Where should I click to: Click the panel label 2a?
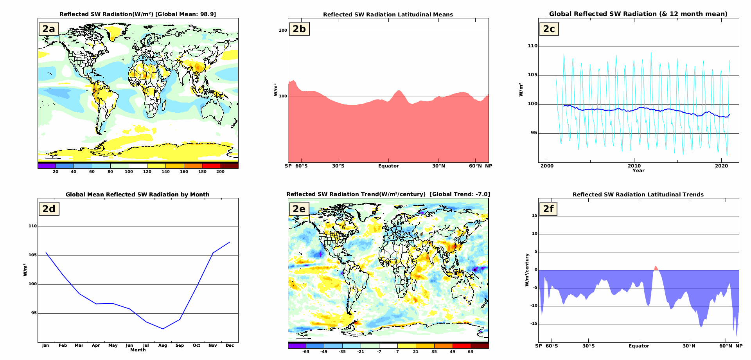(49, 29)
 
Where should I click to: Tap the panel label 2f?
(548, 209)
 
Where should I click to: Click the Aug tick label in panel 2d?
(163, 346)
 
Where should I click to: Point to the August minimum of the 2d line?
(163, 329)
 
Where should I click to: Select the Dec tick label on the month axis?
(230, 346)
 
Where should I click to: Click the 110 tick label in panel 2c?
(532, 46)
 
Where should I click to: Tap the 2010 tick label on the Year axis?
(634, 166)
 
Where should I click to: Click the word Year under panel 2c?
(638, 171)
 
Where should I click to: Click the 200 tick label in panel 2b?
(283, 31)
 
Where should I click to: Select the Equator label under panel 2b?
(388, 166)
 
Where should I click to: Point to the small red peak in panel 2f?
(656, 268)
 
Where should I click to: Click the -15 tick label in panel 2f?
(534, 324)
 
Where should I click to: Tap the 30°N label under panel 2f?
(689, 346)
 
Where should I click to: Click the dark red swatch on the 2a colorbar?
(229, 166)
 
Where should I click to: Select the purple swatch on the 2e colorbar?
(297, 346)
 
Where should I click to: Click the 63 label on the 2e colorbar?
(470, 351)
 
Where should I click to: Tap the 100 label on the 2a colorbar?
(129, 171)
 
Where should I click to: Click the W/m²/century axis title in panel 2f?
(527, 270)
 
